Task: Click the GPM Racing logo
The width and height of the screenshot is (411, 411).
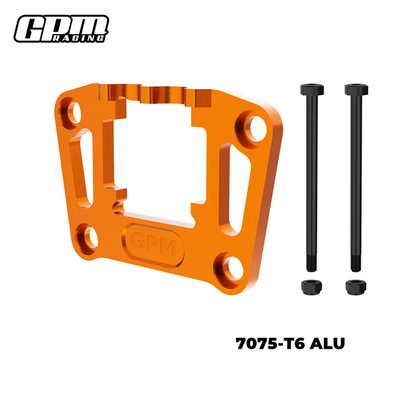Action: [x=61, y=29]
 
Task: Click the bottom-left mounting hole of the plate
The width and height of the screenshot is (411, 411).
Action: [x=90, y=237]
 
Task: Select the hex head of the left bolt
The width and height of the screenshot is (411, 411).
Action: [x=311, y=90]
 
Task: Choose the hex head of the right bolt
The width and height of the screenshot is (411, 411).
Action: [x=355, y=90]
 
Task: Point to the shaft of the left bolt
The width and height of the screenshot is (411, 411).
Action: [x=311, y=176]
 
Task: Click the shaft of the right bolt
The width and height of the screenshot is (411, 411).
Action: [x=355, y=176]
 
